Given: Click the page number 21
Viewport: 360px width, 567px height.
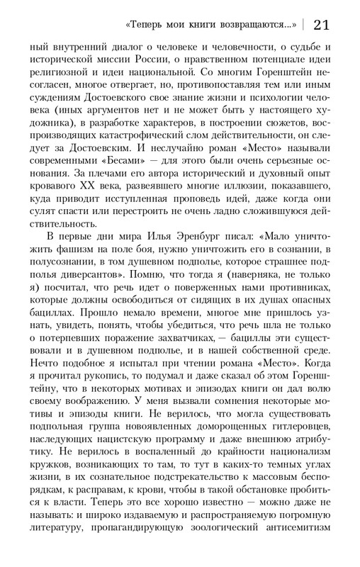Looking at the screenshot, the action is [x=320, y=24].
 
